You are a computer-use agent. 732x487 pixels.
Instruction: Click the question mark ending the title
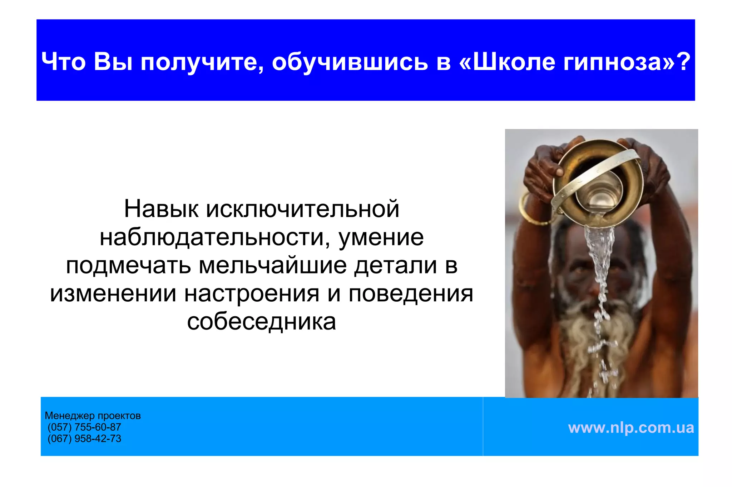click(x=683, y=61)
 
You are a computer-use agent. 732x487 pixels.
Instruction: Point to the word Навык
click(x=161, y=209)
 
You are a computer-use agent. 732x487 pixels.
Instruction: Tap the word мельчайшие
click(x=273, y=266)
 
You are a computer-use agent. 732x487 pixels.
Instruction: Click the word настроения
click(x=252, y=294)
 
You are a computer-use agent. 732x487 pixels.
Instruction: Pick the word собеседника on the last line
click(x=261, y=322)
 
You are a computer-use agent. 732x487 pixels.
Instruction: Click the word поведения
click(x=411, y=294)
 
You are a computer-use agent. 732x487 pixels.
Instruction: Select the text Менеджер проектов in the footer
click(x=93, y=416)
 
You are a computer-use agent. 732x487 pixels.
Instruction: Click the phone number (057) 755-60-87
click(x=84, y=427)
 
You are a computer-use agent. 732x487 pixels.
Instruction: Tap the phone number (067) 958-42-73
click(x=84, y=438)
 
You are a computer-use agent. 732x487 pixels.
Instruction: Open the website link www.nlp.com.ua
click(x=631, y=427)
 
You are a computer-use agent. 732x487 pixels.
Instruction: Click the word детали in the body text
click(x=396, y=266)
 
